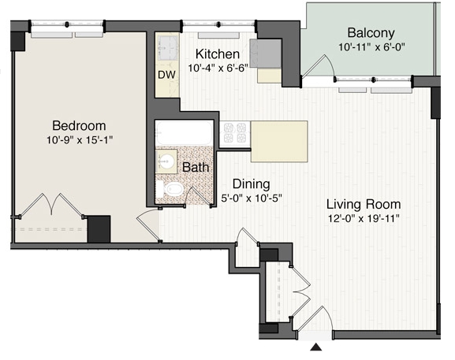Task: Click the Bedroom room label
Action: click(x=79, y=126)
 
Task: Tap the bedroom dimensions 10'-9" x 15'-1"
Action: click(x=79, y=140)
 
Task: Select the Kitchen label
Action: click(x=218, y=54)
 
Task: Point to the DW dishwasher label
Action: click(x=166, y=75)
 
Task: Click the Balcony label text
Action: click(x=371, y=33)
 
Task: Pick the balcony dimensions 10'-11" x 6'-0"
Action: click(x=371, y=47)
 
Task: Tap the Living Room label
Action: click(x=364, y=204)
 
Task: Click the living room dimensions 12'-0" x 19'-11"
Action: click(x=364, y=218)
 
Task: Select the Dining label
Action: click(x=252, y=184)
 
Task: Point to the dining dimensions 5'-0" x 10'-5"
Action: click(x=252, y=199)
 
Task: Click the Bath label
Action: click(x=196, y=168)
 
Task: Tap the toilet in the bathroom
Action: click(x=170, y=189)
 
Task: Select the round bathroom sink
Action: click(x=166, y=161)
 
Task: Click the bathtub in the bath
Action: click(x=185, y=133)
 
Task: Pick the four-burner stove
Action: click(x=235, y=133)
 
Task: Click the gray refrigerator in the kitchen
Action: click(x=266, y=54)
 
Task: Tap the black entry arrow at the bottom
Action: click(x=315, y=347)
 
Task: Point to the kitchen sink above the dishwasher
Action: click(x=167, y=48)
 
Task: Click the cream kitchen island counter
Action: click(x=279, y=142)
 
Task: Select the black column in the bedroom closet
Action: click(x=99, y=229)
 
